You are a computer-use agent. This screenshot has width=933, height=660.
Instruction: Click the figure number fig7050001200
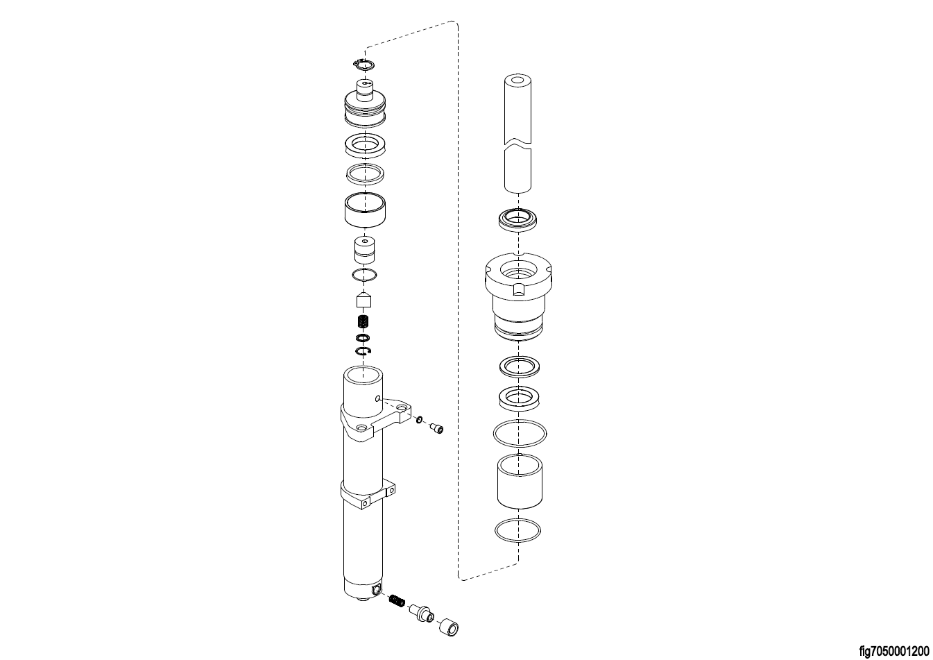coord(894,650)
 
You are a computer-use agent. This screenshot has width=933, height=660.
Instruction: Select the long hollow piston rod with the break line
coord(517,134)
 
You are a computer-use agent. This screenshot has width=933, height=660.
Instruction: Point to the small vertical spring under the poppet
coord(364,321)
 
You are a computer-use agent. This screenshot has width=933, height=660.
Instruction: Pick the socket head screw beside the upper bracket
coord(437,428)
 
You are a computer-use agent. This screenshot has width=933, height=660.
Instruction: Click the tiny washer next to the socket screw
coord(419,419)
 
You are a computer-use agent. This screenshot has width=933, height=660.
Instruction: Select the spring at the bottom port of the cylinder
coord(397,601)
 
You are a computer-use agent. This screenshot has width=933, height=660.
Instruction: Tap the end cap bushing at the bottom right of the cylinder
coord(449,628)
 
